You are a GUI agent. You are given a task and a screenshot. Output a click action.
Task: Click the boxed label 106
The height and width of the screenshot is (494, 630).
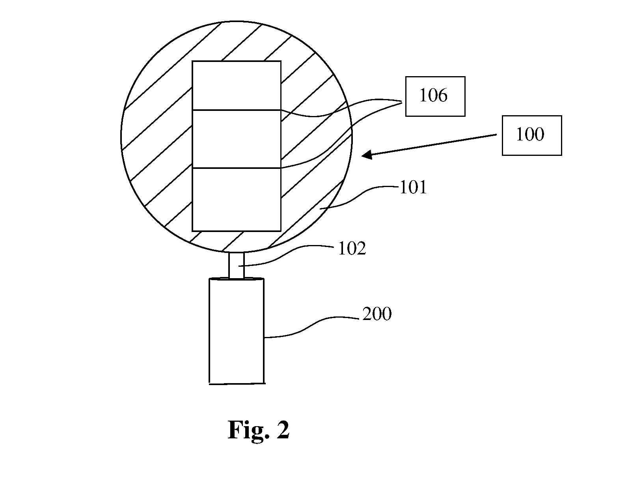click(x=435, y=96)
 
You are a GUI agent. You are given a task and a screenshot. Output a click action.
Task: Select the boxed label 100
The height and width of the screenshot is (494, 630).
click(x=532, y=135)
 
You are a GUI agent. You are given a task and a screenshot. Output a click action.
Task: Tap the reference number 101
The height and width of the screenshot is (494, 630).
click(x=413, y=187)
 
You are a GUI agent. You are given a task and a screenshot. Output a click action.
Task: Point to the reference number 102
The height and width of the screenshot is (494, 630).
click(x=352, y=248)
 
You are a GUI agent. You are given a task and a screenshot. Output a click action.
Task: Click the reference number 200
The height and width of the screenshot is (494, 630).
click(x=377, y=314)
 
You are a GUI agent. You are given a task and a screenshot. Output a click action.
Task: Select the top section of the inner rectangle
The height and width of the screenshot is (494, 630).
click(x=237, y=86)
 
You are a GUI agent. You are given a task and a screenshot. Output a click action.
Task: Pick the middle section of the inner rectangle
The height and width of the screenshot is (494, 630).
click(x=237, y=139)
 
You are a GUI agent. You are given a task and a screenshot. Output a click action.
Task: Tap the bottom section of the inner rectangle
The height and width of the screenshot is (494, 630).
click(x=237, y=199)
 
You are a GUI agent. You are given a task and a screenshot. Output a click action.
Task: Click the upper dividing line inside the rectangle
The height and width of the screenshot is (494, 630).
click(x=237, y=110)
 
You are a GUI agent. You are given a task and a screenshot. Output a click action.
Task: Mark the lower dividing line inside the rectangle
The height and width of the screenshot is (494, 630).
click(x=237, y=168)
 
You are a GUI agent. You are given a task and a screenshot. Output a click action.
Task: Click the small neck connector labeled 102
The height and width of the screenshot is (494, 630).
click(x=237, y=265)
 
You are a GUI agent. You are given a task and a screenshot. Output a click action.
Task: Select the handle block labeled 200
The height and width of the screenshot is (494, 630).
click(x=237, y=331)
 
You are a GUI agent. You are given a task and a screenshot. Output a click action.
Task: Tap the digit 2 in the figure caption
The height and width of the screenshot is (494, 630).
click(x=283, y=430)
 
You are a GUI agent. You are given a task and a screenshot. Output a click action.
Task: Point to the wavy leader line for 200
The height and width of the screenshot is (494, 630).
click(x=312, y=327)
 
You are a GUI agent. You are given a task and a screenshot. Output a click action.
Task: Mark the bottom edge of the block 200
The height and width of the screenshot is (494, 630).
click(x=237, y=384)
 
